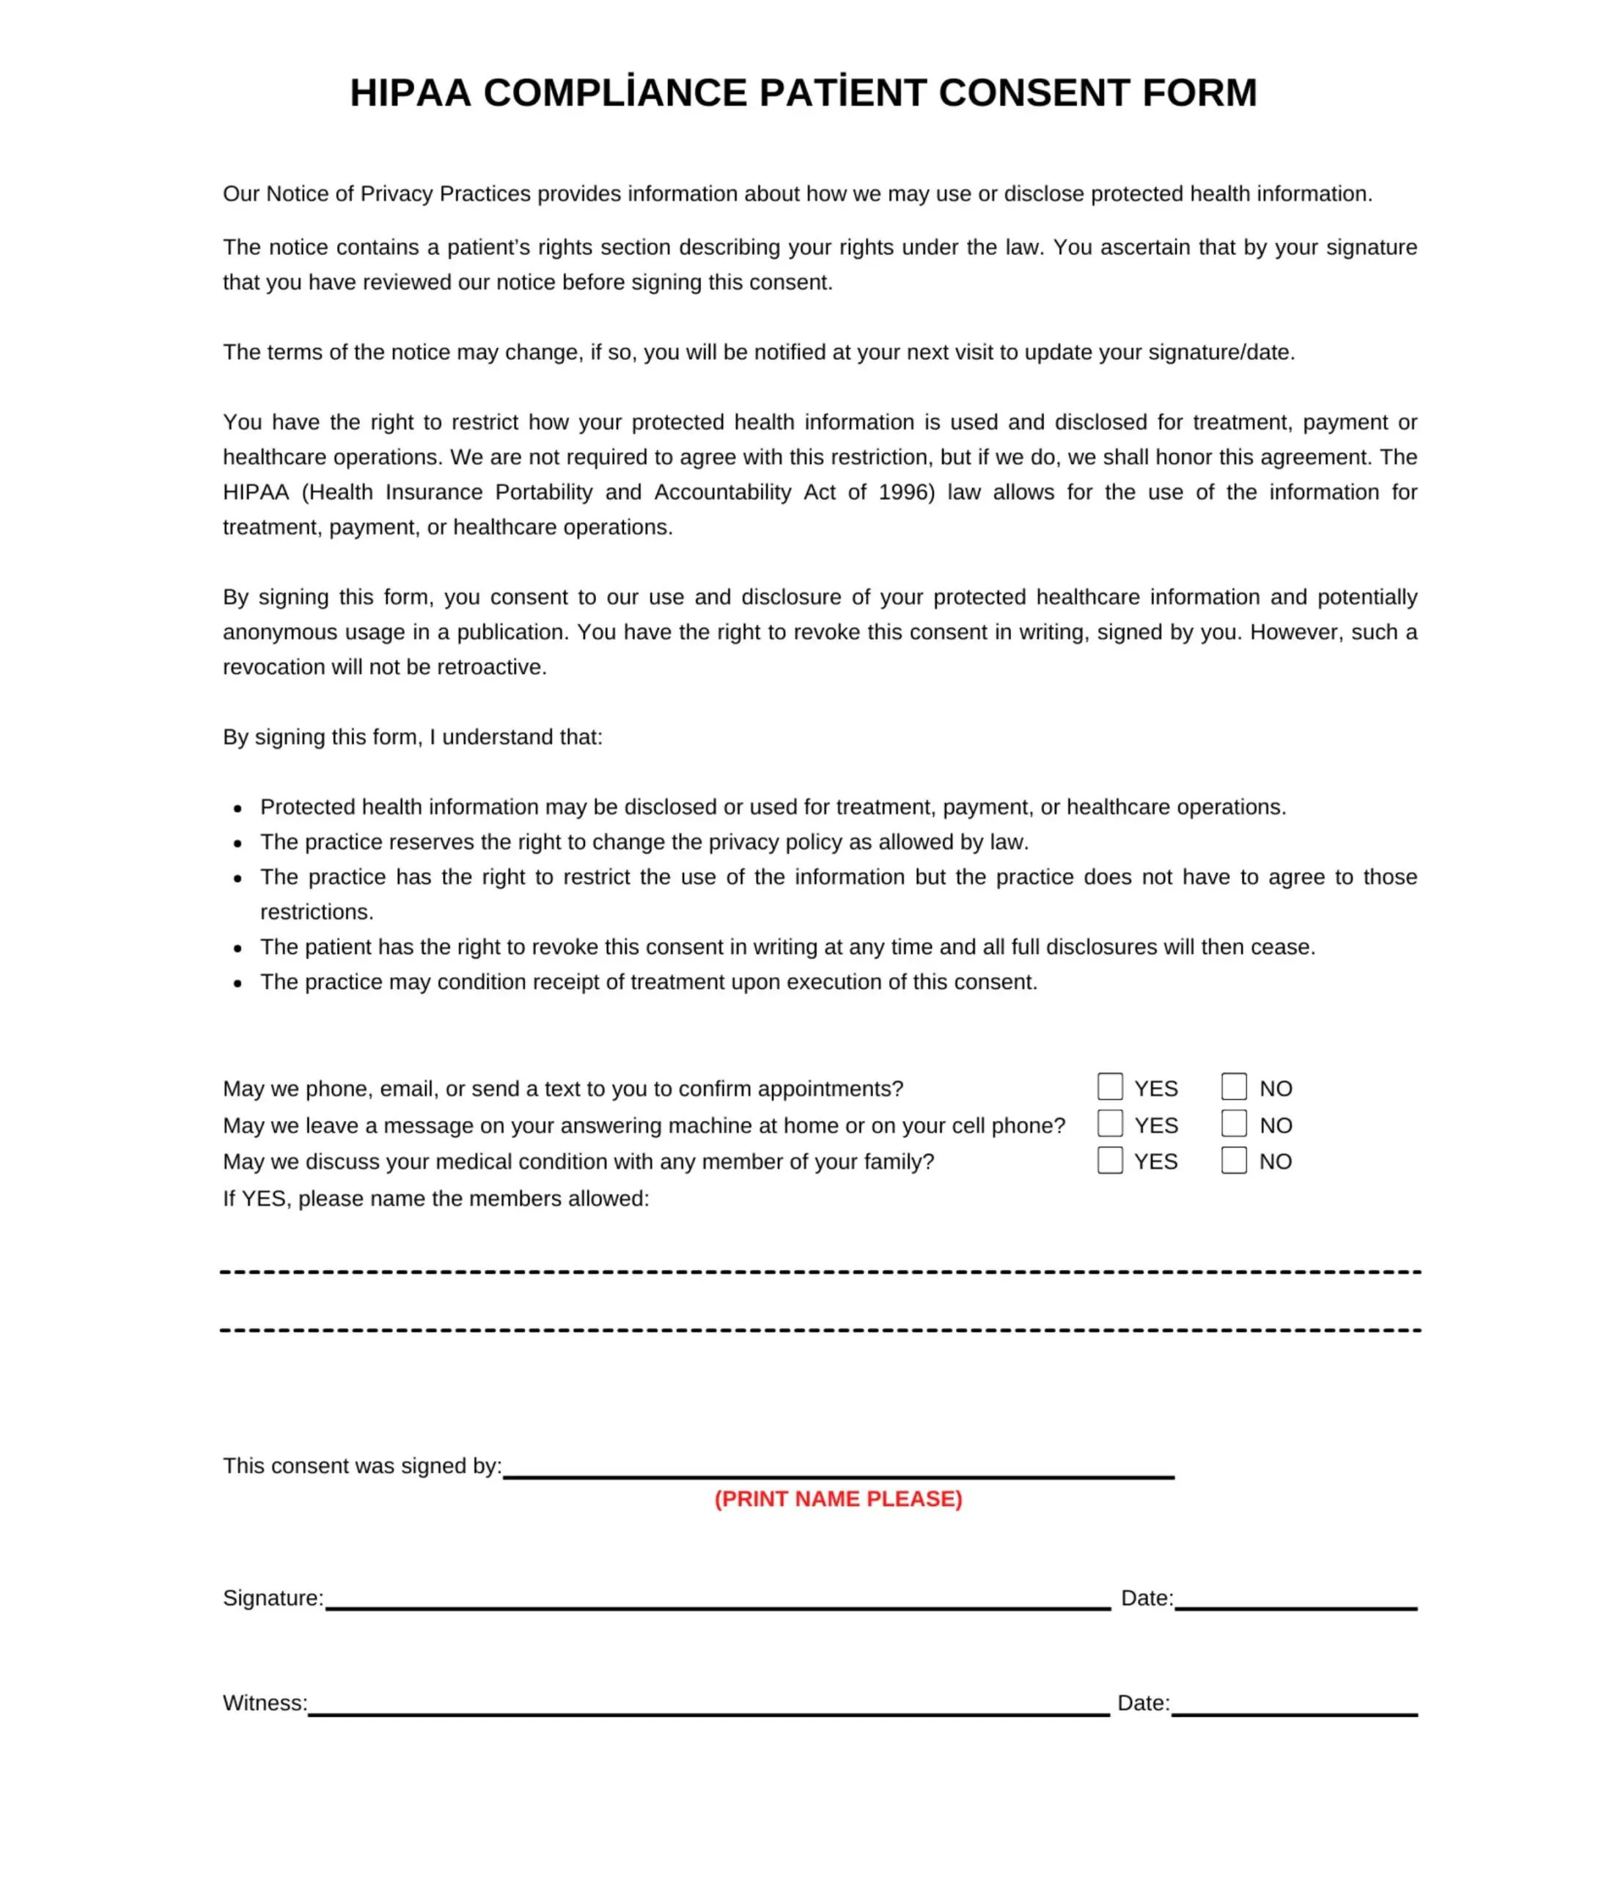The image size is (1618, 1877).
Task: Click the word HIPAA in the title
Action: (410, 93)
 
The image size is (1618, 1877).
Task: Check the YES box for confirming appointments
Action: (1110, 1086)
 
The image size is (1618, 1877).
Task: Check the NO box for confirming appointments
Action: (1234, 1086)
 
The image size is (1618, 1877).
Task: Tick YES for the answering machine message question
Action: (1110, 1123)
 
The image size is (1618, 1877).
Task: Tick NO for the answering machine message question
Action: (1234, 1123)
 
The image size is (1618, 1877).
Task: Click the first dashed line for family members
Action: (820, 1272)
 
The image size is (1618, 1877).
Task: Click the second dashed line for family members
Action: (820, 1330)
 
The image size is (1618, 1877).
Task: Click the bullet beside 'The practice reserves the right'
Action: (238, 843)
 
